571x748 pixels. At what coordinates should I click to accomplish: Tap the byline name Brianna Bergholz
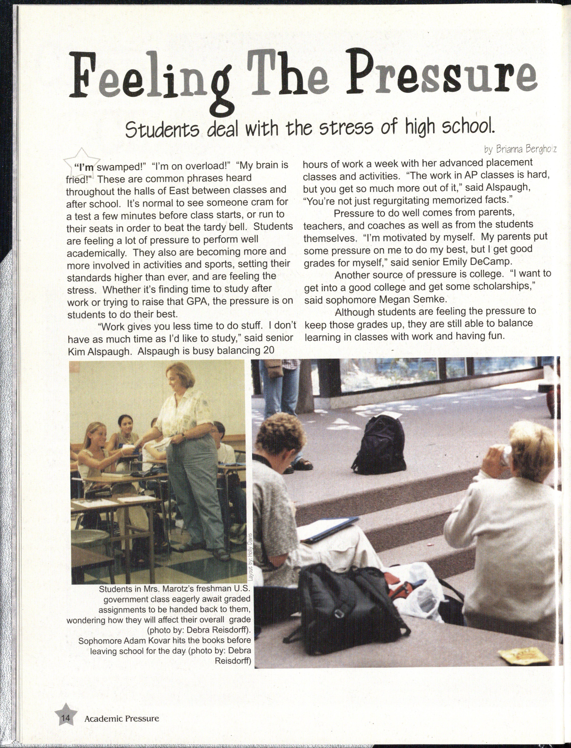tap(520, 149)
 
